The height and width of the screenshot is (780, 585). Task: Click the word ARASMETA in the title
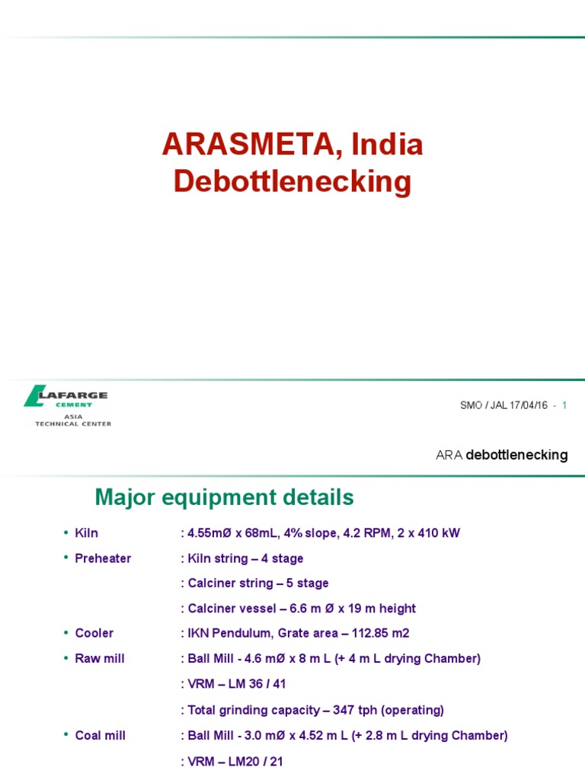[245, 145]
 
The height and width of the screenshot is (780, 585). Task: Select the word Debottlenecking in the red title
[292, 181]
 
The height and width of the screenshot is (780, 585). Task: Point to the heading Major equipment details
[224, 498]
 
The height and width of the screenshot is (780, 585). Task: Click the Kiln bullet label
[87, 533]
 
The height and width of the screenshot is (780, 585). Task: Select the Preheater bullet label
[103, 558]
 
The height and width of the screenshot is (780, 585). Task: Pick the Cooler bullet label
[94, 633]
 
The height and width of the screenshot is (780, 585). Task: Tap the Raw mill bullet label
[100, 658]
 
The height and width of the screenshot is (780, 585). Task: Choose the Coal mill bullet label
[101, 735]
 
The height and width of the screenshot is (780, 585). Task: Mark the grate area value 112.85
[379, 633]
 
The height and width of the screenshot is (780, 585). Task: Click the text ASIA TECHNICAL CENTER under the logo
[73, 420]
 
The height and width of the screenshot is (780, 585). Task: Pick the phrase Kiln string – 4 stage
[245, 558]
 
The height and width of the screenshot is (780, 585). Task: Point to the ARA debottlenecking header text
[501, 455]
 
